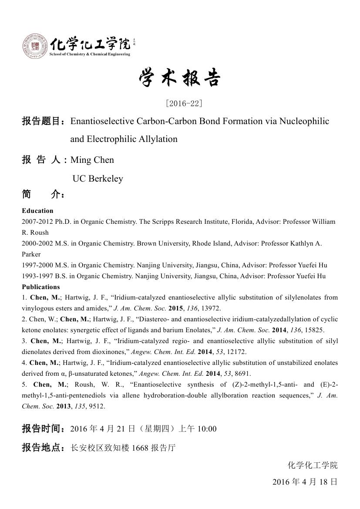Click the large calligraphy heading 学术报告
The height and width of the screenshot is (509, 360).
(x=180, y=78)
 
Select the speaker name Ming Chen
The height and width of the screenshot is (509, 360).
(x=92, y=160)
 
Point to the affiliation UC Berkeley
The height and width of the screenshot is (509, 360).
(x=98, y=179)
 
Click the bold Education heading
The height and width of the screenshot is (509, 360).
(x=37, y=211)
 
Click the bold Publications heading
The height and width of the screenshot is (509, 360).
(x=41, y=287)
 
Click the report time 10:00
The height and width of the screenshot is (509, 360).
(x=207, y=429)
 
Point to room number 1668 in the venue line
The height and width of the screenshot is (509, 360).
(x=140, y=448)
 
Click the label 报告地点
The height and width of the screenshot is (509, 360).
(x=43, y=448)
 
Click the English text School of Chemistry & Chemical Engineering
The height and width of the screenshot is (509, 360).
(x=90, y=54)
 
